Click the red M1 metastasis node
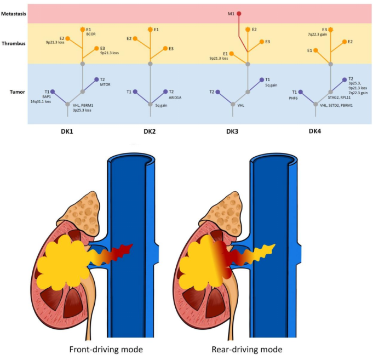tap(239, 13)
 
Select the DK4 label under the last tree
tap(315, 131)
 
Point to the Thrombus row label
tap(15, 43)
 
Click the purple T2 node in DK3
tap(217, 92)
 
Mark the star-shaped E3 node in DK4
tap(330, 29)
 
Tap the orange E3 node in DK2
tap(164, 49)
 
